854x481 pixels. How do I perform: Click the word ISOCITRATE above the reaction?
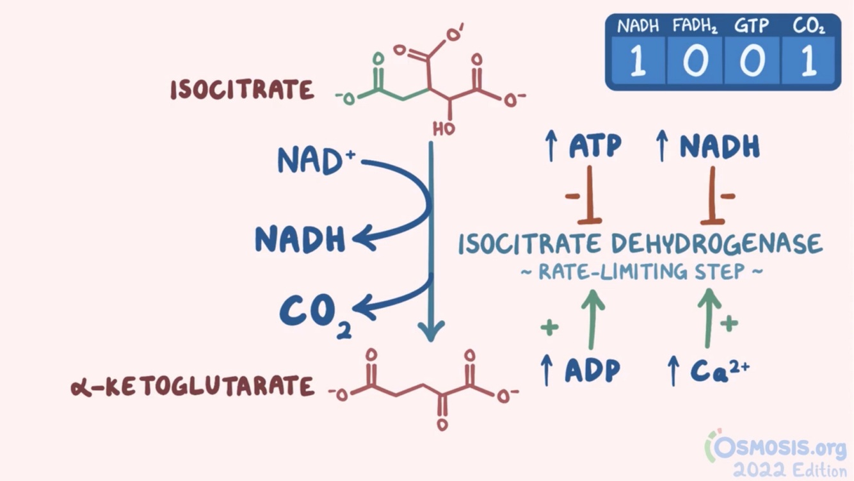click(242, 90)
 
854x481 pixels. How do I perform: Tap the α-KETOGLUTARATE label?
click(193, 387)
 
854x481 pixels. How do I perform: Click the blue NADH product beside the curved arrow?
click(300, 240)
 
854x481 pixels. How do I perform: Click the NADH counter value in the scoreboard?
click(638, 62)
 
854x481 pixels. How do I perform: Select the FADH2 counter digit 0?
click(695, 62)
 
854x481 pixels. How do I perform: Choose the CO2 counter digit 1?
click(808, 62)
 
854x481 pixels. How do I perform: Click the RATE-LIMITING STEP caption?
click(641, 272)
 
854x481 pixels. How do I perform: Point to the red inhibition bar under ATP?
click(590, 195)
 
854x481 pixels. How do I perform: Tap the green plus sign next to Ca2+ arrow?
click(729, 323)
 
